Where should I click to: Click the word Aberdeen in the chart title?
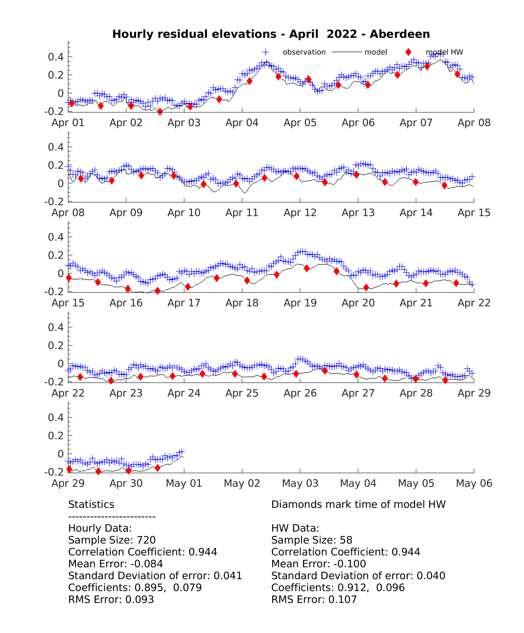tap(400, 34)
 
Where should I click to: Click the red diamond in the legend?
tap(408, 52)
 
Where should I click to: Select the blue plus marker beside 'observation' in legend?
tap(265, 52)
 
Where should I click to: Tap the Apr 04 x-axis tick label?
tap(242, 123)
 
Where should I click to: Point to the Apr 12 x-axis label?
tap(300, 213)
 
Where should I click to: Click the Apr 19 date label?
tap(300, 303)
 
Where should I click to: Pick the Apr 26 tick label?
tap(300, 393)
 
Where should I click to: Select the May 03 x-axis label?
tap(300, 483)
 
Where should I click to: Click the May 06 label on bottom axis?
tap(474, 483)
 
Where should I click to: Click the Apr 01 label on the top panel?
tap(68, 123)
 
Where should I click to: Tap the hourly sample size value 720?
tap(146, 540)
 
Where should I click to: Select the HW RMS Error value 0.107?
tap(343, 599)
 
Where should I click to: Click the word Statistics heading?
tap(91, 504)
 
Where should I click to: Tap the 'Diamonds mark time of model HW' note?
tap(359, 504)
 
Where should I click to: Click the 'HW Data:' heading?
tap(295, 528)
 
